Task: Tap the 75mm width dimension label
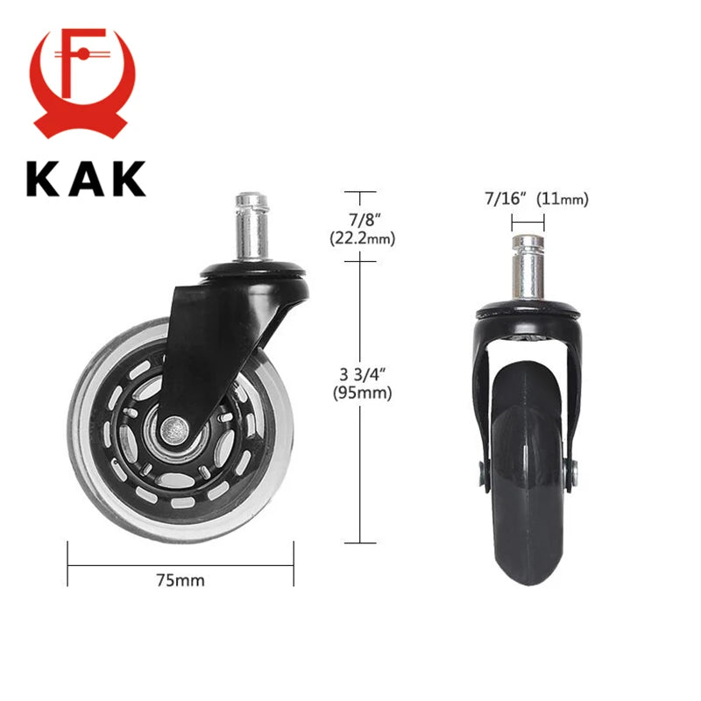click(181, 579)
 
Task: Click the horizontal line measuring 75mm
click(181, 563)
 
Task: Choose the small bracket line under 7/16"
click(528, 224)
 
